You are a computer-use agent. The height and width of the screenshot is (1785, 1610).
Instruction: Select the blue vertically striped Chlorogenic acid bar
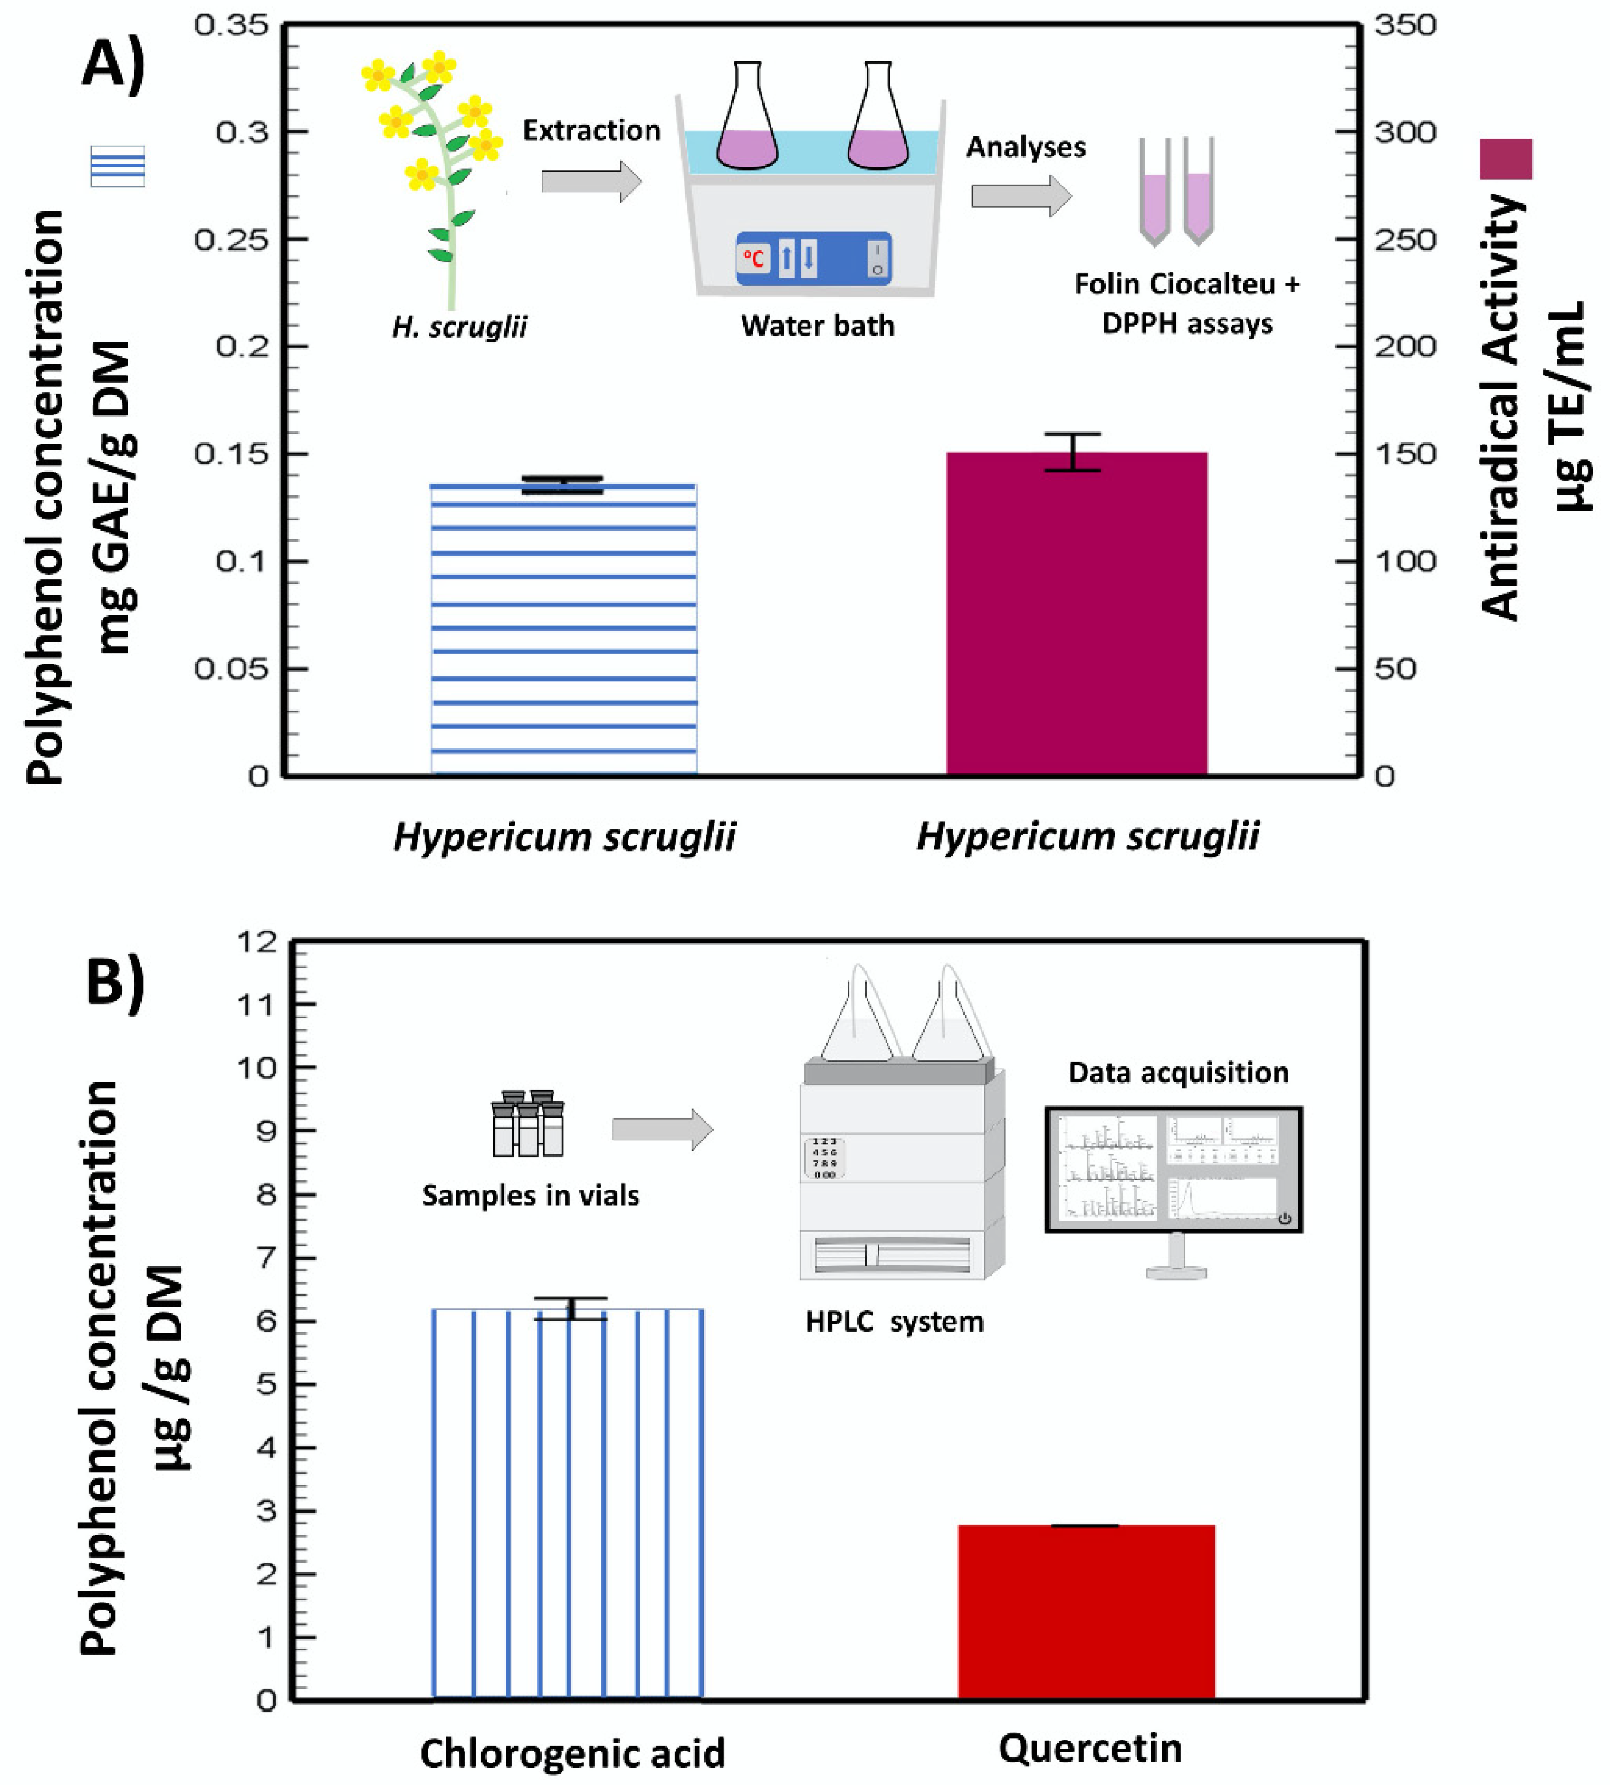pyautogui.click(x=568, y=1504)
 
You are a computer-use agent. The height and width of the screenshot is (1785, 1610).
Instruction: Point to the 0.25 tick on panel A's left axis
pyautogui.click(x=231, y=240)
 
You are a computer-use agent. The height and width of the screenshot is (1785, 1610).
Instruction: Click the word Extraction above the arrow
pyautogui.click(x=591, y=131)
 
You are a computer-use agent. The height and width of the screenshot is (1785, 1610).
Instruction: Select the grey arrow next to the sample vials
pyautogui.click(x=661, y=1129)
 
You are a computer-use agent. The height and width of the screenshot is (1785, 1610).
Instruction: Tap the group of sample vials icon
pyautogui.click(x=528, y=1124)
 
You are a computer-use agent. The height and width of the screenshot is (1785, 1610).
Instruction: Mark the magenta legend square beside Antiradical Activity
pyautogui.click(x=1506, y=160)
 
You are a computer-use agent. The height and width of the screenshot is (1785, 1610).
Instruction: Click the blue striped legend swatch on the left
pyautogui.click(x=117, y=166)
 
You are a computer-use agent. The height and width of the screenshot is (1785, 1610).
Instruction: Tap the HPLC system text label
pyautogui.click(x=894, y=1321)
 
